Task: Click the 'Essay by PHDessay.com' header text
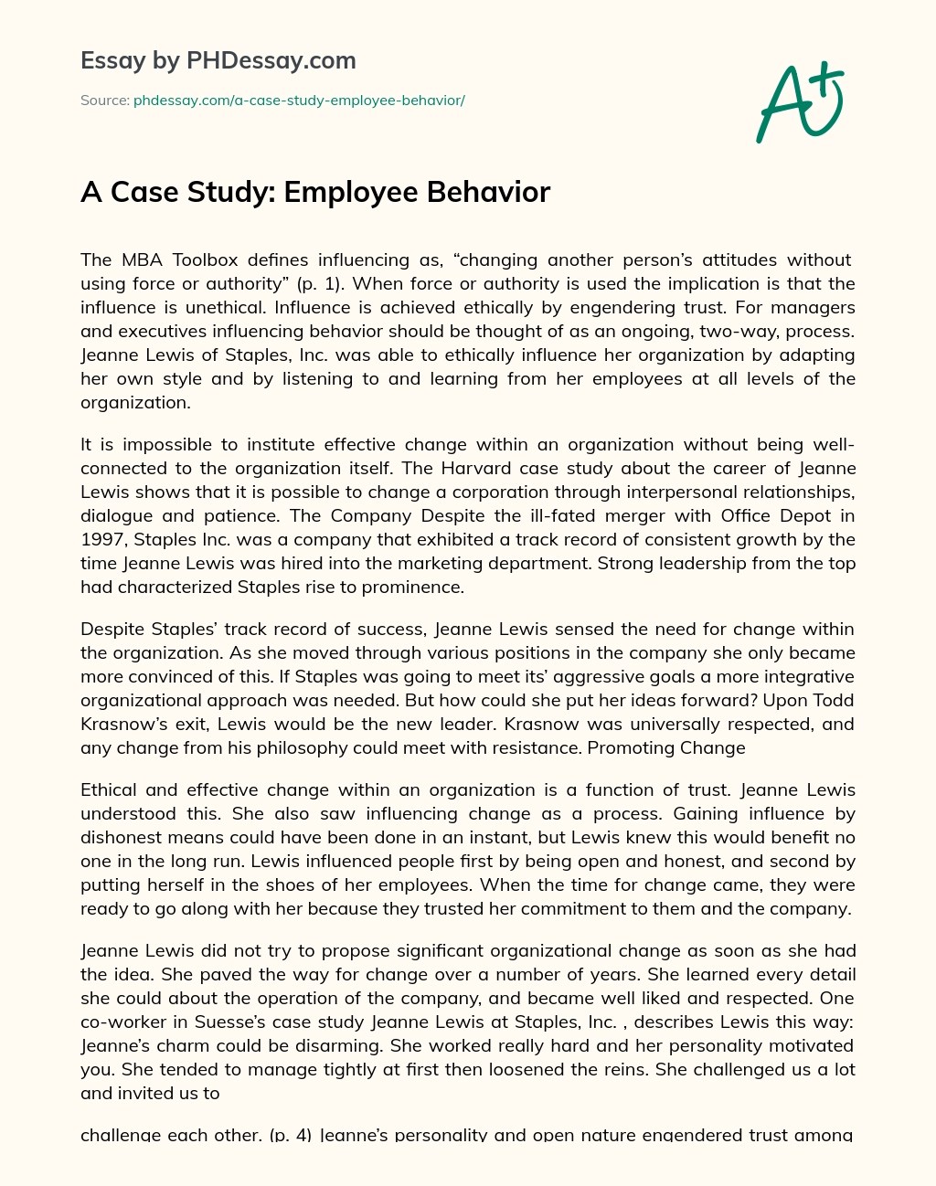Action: pos(218,61)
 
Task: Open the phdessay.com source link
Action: pos(299,101)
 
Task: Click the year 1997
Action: pos(101,540)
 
